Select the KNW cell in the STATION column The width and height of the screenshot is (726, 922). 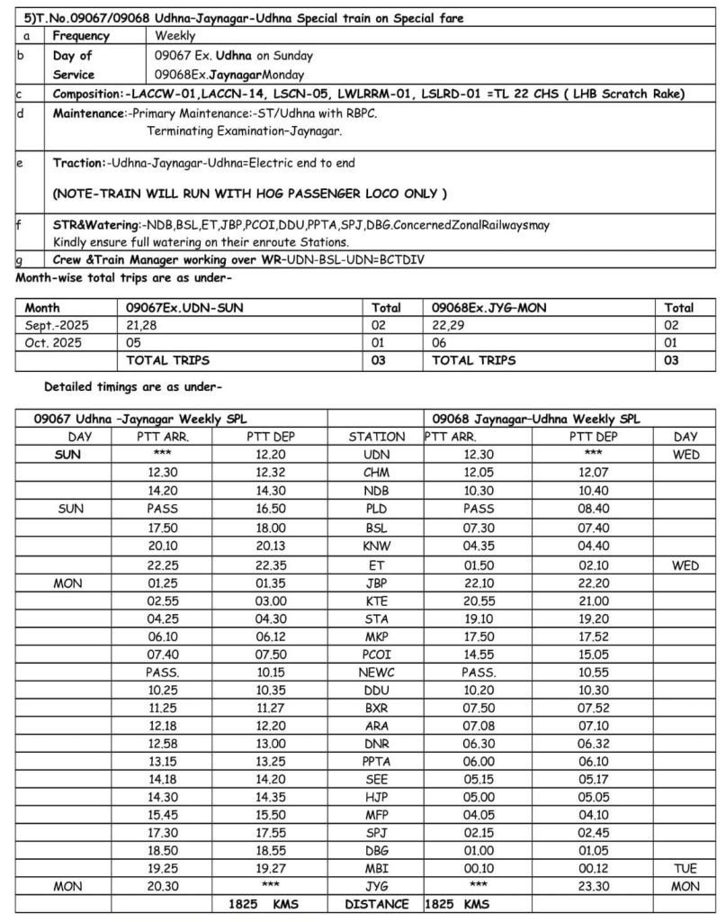[x=377, y=547]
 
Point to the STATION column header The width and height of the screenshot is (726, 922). [x=377, y=437]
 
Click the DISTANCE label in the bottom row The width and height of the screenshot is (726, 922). [x=377, y=903]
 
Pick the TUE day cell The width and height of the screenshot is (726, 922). [x=686, y=869]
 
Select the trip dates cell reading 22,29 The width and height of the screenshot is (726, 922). [x=448, y=325]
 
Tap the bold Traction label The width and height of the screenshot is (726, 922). [x=78, y=163]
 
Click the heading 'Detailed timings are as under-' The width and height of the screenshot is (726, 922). [x=133, y=387]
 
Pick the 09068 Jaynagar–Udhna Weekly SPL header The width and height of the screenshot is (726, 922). [x=536, y=419]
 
